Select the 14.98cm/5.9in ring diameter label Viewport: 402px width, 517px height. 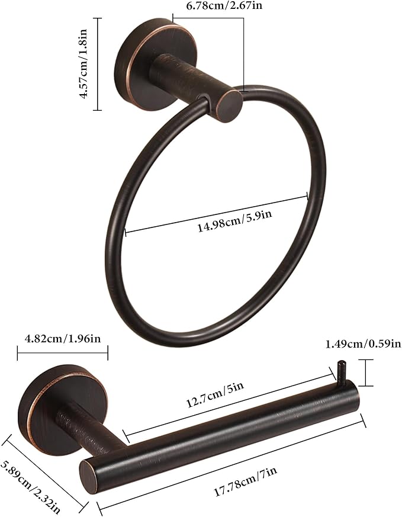click(234, 226)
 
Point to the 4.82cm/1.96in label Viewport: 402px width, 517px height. click(63, 339)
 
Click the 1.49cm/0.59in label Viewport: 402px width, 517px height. click(364, 343)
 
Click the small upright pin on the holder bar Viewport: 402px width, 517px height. click(340, 371)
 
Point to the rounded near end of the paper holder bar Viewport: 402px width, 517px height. click(89, 473)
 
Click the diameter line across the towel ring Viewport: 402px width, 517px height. click(216, 214)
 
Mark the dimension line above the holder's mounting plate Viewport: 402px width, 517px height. click(63, 354)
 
